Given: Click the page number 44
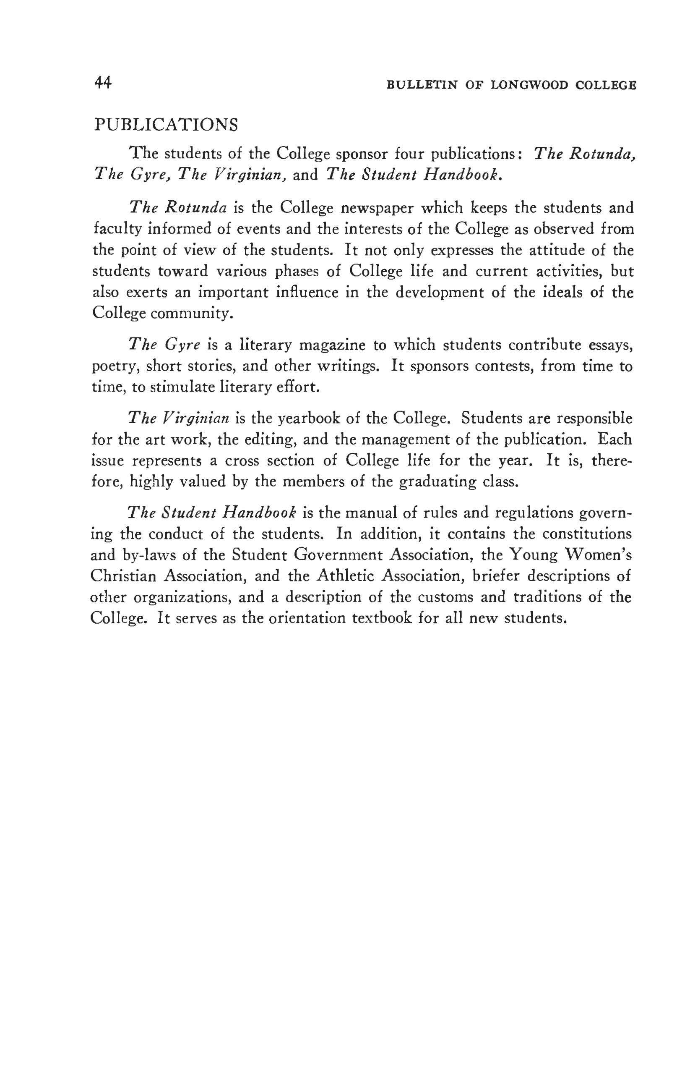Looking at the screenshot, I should (103, 83).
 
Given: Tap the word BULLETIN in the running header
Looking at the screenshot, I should (421, 85).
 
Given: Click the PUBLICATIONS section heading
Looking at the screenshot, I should (166, 124).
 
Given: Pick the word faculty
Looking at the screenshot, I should (117, 229).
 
